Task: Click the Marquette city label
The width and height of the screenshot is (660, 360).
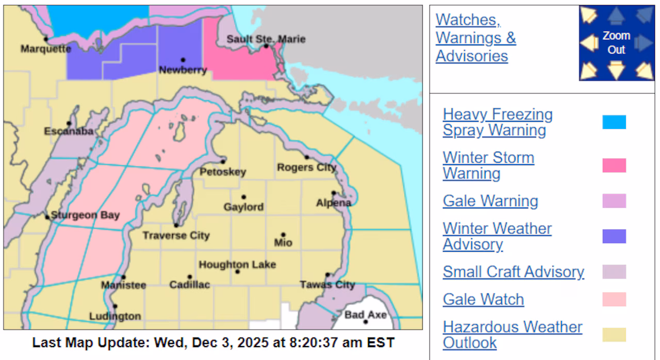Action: (46, 49)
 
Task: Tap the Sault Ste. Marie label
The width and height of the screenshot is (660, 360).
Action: (266, 39)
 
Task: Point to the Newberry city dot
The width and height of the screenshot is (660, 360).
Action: (183, 60)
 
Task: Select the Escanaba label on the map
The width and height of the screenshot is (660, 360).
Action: (69, 132)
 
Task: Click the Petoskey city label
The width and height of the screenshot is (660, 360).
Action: (223, 172)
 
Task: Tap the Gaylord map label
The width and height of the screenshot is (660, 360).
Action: (243, 207)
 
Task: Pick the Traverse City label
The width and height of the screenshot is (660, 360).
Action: (176, 236)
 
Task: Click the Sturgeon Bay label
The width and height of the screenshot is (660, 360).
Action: (85, 215)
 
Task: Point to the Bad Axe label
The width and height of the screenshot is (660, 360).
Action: (365, 315)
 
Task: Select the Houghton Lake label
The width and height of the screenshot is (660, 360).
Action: (237, 265)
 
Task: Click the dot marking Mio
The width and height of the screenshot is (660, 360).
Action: (283, 235)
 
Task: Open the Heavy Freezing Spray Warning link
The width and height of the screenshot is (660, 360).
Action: (497, 122)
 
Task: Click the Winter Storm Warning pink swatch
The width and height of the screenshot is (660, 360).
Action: (614, 166)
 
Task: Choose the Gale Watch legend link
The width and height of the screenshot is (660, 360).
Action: (483, 299)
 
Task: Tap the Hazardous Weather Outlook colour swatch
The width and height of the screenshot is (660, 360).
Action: (614, 335)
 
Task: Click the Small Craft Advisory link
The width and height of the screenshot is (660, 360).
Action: (513, 272)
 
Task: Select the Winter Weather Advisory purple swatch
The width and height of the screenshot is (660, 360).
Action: (614, 236)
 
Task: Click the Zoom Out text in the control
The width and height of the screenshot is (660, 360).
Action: (616, 43)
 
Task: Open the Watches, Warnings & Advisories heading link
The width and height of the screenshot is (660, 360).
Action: (475, 38)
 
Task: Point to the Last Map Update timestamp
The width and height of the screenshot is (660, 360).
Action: (213, 342)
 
